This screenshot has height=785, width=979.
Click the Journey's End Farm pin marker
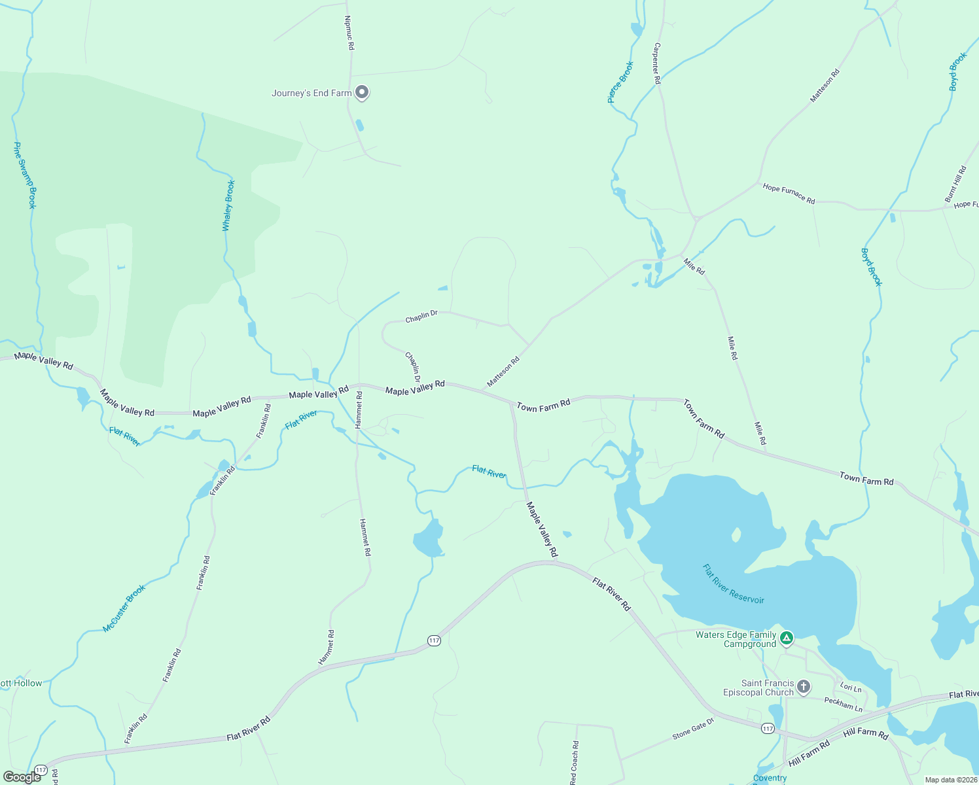tap(362, 92)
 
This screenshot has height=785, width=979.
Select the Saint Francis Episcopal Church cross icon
tap(804, 687)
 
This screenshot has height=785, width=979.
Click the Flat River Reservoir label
tap(733, 584)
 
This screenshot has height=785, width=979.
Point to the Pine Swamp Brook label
tap(25, 175)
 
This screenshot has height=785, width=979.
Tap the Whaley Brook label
tap(228, 205)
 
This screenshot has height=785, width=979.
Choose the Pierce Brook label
tap(620, 82)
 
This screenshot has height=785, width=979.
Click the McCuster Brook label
tap(124, 608)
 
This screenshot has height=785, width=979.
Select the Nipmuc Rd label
tap(349, 33)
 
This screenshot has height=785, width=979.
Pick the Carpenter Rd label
tap(657, 63)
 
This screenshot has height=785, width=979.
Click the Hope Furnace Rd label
tap(789, 194)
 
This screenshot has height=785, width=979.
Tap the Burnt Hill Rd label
tap(955, 184)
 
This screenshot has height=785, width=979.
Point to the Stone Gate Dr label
tap(693, 728)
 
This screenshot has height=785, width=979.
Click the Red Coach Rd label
tap(574, 762)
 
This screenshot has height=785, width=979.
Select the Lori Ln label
tap(851, 688)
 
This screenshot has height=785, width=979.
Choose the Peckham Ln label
tap(844, 704)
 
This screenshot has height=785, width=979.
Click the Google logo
tap(22, 777)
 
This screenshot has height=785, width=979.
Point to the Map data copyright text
tap(951, 780)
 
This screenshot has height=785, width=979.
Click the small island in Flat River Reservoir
tap(736, 535)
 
